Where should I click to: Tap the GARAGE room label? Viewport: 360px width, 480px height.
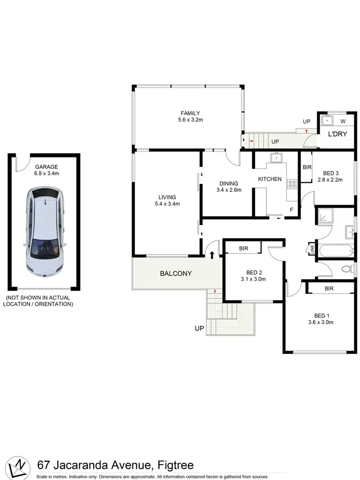[46, 167]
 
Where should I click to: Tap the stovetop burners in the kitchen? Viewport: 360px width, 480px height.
[291, 183]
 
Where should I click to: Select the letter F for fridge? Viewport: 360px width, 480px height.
[291, 209]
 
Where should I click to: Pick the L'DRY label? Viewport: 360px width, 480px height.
[337, 134]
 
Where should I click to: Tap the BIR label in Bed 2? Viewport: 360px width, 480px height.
[243, 248]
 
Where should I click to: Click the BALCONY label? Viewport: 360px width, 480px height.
[176, 274]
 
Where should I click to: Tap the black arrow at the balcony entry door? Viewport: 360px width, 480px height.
[211, 254]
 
